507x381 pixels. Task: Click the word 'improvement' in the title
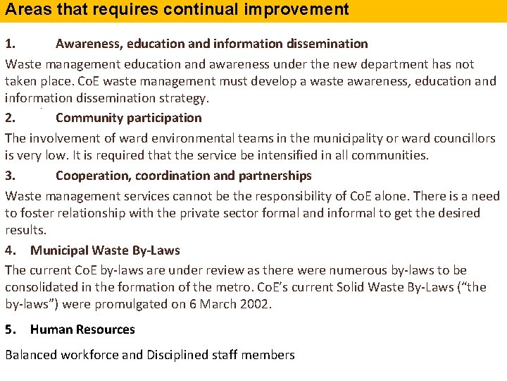click(305, 9)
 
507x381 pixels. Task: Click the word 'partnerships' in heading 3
click(275, 176)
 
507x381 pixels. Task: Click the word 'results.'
click(25, 230)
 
